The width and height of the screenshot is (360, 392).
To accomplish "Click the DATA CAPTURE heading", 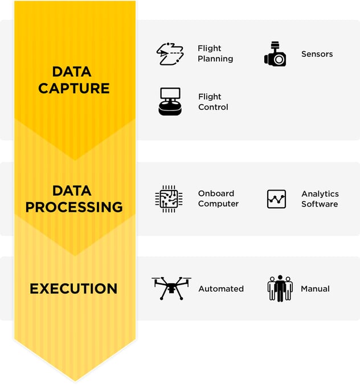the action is tap(74, 80).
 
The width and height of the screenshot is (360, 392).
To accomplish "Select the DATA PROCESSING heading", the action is tap(74, 199).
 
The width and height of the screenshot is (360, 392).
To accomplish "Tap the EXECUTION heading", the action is tap(73, 288).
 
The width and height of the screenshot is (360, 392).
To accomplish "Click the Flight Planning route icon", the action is tap(170, 54).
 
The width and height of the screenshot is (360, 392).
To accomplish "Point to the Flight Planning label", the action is tap(215, 53).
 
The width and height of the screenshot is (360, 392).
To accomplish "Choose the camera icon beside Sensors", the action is tap(275, 53).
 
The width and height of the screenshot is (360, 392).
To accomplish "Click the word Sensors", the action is tap(317, 54).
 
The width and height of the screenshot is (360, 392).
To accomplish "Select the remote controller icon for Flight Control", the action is tap(170, 101).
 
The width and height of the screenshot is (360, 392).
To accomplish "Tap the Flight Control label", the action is tap(213, 102).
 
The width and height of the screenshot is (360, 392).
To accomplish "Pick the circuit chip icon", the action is tap(169, 199).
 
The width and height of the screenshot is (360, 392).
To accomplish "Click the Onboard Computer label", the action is tap(218, 199).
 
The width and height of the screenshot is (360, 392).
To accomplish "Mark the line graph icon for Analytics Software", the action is tap(276, 199).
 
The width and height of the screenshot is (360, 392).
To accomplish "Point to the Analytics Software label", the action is tap(320, 199).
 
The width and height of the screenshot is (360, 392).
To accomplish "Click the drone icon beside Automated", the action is tap(171, 288).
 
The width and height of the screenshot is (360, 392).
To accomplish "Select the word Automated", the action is tap(221, 289).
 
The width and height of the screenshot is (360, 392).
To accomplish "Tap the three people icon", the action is tap(280, 288).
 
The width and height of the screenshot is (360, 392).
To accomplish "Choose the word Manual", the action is tap(315, 289).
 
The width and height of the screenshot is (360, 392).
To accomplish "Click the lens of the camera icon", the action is tap(279, 60).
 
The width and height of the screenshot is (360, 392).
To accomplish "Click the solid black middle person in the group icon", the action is tap(280, 288).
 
